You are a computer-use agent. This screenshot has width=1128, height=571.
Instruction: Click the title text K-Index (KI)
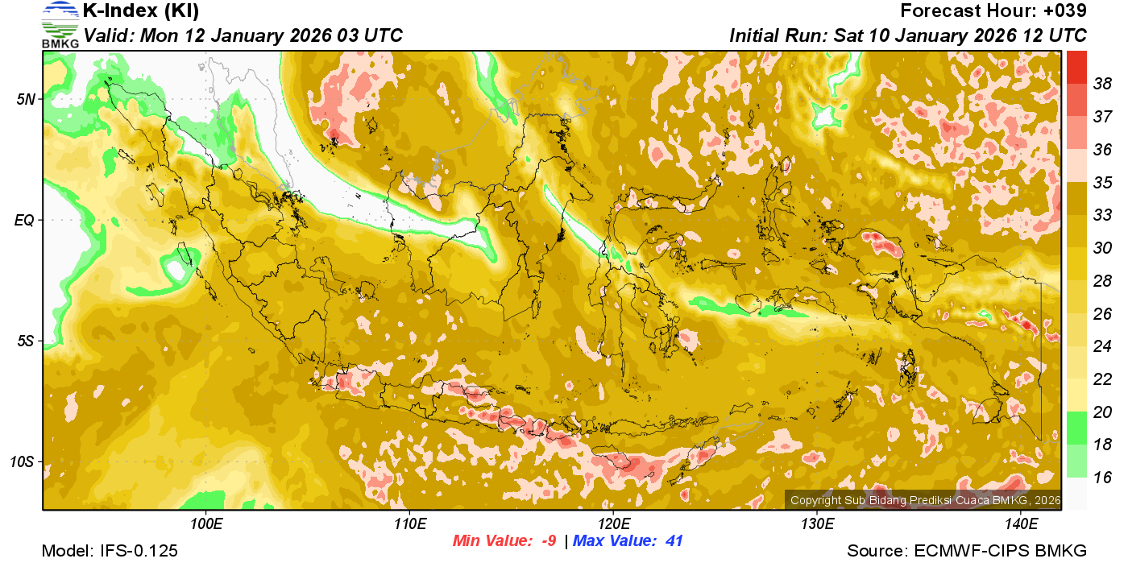click(x=140, y=11)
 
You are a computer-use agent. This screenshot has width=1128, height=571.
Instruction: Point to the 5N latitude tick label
click(x=27, y=99)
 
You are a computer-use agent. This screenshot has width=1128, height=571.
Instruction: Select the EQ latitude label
click(x=27, y=220)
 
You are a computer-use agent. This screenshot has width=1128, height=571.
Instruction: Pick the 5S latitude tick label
click(x=27, y=341)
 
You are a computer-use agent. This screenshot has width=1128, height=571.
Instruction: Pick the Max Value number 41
click(x=674, y=541)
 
